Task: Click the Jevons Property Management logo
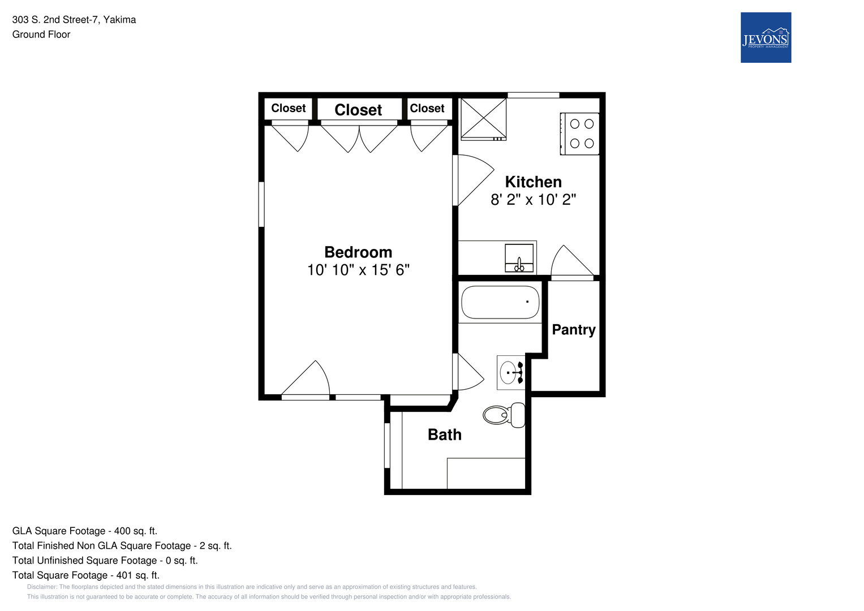(x=766, y=37)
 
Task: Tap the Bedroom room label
(x=358, y=252)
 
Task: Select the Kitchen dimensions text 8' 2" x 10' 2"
(x=533, y=199)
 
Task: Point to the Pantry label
(x=574, y=330)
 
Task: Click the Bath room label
(x=444, y=434)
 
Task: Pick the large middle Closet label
(x=358, y=110)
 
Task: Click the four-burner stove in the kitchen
(x=580, y=134)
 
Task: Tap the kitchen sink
(x=519, y=258)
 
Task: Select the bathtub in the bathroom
(x=500, y=302)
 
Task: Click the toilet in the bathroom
(x=504, y=415)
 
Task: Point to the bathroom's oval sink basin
(x=508, y=373)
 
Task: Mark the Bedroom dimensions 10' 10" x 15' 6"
(x=358, y=270)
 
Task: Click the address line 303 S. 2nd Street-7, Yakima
(x=74, y=20)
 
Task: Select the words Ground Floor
(x=41, y=35)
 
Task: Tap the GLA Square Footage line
(x=85, y=531)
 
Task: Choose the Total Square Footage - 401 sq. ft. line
(x=85, y=575)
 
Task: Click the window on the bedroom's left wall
(x=261, y=204)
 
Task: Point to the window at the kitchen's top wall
(x=533, y=95)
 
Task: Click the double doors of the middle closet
(x=359, y=137)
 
